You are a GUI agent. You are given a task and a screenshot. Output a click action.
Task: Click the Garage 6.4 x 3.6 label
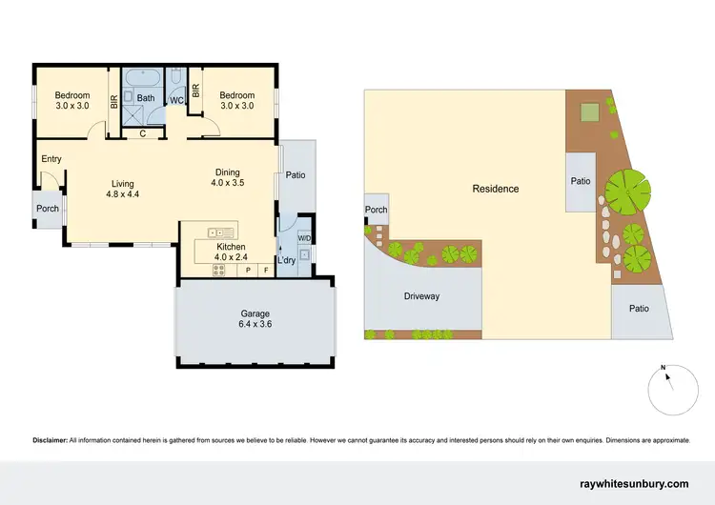(255, 319)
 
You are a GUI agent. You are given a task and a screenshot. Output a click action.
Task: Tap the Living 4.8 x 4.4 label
(123, 189)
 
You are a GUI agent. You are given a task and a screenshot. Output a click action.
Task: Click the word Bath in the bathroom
(146, 97)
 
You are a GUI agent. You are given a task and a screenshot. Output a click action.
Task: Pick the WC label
(176, 100)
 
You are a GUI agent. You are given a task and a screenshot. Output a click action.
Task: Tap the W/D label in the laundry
(304, 238)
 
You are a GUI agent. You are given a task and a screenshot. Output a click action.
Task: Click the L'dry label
(286, 260)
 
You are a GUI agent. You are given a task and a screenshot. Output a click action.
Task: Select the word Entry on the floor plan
(51, 159)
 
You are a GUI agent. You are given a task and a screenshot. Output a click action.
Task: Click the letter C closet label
(142, 132)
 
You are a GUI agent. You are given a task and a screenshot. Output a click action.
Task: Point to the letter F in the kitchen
(266, 271)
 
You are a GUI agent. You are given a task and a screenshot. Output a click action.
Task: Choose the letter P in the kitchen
(248, 271)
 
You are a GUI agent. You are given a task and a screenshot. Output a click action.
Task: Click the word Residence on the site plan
(496, 189)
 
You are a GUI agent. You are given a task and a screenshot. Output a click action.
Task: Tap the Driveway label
(421, 296)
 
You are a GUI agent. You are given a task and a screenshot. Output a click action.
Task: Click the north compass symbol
(667, 386)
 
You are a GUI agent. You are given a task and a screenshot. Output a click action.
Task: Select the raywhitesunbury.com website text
(634, 485)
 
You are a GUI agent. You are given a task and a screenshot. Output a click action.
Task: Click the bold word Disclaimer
(50, 440)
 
